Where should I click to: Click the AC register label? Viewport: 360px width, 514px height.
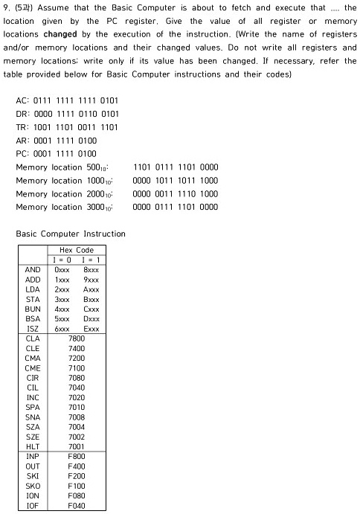(22, 100)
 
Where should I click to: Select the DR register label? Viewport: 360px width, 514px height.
(22, 114)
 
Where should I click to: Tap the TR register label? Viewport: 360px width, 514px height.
(22, 127)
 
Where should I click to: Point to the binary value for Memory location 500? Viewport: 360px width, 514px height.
(175, 167)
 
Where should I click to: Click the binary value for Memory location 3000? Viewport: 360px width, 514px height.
(175, 208)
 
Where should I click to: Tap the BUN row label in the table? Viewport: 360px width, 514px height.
(33, 309)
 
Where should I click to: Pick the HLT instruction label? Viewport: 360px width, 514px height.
(33, 446)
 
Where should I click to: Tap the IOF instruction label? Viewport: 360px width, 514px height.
(33, 506)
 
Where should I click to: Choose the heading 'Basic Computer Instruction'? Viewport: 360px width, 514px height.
(71, 234)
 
